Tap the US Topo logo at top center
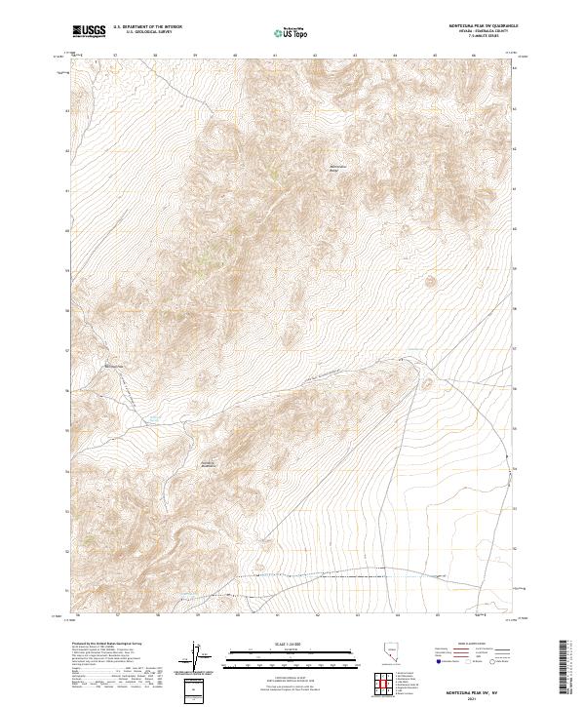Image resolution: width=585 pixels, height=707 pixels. click(292, 32)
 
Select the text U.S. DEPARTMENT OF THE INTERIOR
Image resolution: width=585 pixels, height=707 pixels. click(147, 28)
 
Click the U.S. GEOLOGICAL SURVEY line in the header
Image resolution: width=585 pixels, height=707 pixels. click(147, 34)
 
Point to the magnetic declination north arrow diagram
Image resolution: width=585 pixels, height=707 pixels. click(194, 653)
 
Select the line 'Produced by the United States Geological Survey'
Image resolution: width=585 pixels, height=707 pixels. click(97, 644)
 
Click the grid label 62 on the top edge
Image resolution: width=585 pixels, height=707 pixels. click(315, 57)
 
